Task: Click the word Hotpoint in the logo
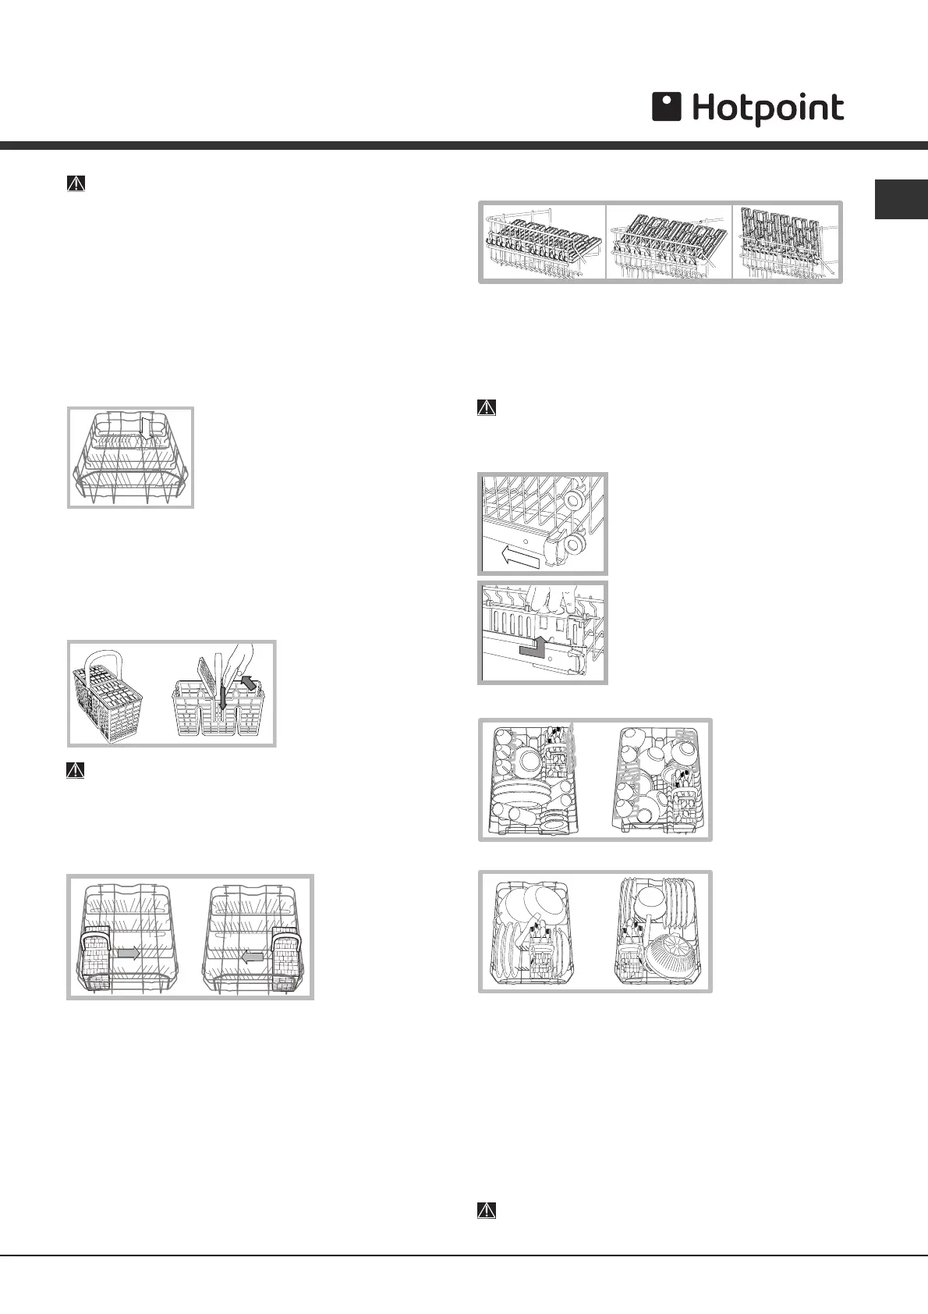click(x=767, y=109)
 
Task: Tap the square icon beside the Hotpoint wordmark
click(x=667, y=108)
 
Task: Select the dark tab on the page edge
click(x=901, y=200)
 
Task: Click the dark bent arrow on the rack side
click(x=533, y=641)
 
